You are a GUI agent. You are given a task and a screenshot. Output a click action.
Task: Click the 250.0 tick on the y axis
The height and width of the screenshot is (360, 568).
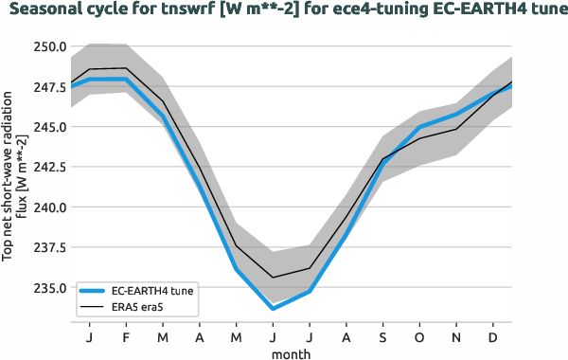coord(49,46)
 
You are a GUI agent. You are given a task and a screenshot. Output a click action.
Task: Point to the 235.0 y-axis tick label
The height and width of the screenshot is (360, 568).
coord(49,288)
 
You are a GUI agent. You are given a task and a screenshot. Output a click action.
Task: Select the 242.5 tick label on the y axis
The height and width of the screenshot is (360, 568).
coord(49,167)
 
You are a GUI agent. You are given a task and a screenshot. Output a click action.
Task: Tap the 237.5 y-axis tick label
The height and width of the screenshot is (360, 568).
coord(49,247)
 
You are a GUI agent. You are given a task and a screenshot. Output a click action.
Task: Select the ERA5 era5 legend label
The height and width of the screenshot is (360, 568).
coord(138,307)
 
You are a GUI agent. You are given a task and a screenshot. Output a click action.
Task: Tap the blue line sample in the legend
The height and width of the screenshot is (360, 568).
coord(95,291)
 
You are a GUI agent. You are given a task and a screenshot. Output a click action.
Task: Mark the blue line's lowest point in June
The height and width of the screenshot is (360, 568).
coord(273,309)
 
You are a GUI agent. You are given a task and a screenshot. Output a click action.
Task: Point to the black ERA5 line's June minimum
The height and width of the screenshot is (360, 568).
coord(273,278)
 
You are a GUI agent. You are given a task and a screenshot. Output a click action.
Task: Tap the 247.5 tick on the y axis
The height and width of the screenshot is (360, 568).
coord(49,86)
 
